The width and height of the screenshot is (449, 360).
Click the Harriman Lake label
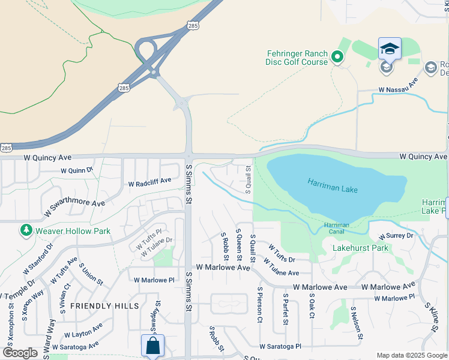coord(333,185)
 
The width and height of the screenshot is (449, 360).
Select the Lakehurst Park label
coord(352,247)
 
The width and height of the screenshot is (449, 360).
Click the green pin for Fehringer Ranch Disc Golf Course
coord(337,58)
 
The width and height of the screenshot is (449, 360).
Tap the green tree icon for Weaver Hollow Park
coord(26,230)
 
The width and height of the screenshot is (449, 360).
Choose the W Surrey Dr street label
coord(393,235)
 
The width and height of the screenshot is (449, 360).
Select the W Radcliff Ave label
coord(149,181)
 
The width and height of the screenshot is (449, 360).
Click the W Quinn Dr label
coord(77,170)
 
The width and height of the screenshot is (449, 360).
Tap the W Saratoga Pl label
coord(280,347)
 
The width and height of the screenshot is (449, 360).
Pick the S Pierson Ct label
coord(260,308)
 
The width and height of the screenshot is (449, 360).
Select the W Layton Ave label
coord(83,329)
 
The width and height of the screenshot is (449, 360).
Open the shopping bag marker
coord(152,346)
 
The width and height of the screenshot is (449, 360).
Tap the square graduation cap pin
coord(390,49)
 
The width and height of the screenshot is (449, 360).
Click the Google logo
coord(20,353)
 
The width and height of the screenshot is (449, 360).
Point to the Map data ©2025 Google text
coord(411,355)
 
